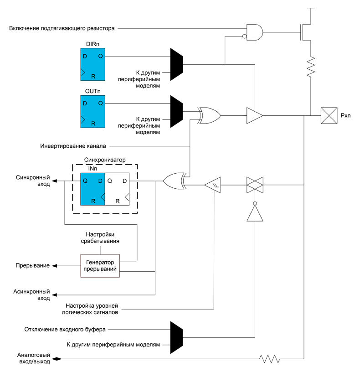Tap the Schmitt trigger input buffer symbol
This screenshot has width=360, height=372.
point(212,185)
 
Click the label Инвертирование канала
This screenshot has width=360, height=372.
point(73,146)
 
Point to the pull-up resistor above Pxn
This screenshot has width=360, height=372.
point(311,67)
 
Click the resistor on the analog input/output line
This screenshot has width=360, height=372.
point(270,359)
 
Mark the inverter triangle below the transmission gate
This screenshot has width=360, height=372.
point(254,212)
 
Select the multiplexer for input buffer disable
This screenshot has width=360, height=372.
point(176,336)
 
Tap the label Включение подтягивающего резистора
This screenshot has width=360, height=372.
point(62,29)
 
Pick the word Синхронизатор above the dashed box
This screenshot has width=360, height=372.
point(105,160)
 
